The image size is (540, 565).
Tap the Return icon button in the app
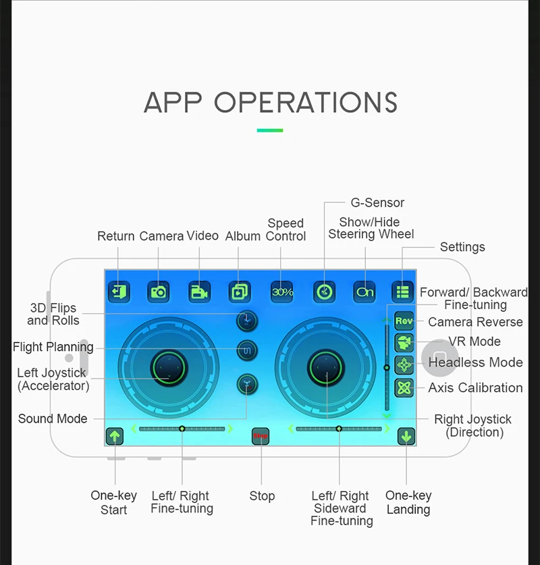click(119, 292)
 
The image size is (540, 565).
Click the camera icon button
click(159, 292)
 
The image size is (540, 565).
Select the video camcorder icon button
click(199, 292)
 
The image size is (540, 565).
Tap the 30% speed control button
click(282, 292)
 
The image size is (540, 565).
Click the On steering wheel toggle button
click(364, 292)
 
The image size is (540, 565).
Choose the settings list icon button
click(403, 292)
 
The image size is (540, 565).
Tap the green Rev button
click(404, 321)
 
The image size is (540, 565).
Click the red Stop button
click(261, 436)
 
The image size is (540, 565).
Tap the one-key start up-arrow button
click(115, 436)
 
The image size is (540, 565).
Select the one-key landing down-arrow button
click(406, 436)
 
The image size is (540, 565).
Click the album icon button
click(239, 292)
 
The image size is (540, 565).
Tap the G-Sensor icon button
click(324, 292)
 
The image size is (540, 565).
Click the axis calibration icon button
click(404, 387)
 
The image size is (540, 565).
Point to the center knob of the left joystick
click(167, 367)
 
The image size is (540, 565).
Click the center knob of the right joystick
click(327, 367)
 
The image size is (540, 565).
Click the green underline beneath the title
click(270, 130)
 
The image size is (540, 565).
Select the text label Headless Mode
click(475, 362)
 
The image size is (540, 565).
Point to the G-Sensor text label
click(377, 203)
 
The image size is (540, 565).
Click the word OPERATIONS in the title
click(306, 103)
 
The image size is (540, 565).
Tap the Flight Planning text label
click(53, 347)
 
